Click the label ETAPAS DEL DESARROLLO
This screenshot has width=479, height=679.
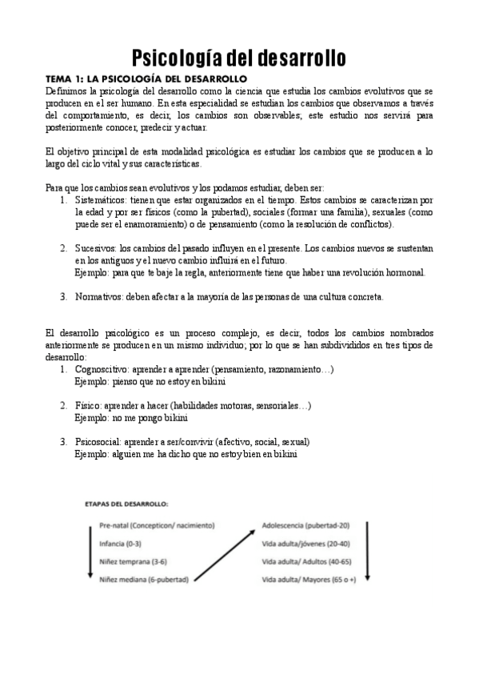pyautogui.click(x=126, y=504)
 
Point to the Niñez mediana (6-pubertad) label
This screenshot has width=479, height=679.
pyautogui.click(x=144, y=579)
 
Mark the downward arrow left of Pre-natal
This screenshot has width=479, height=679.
pyautogui.click(x=90, y=552)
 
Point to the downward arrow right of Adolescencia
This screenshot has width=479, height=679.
pyautogui.click(x=366, y=552)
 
